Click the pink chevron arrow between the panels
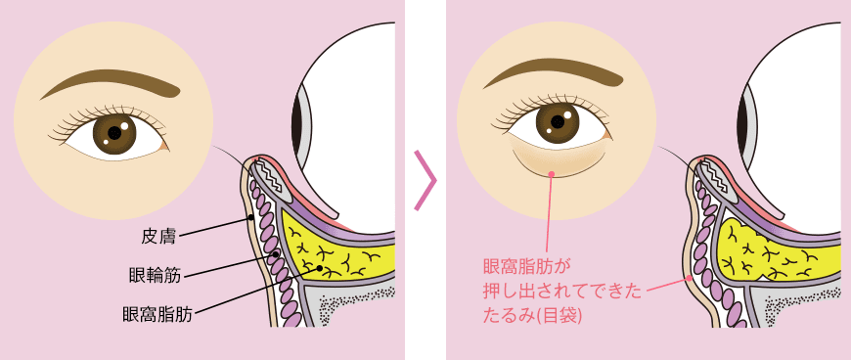(425, 180)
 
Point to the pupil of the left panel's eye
(114, 132)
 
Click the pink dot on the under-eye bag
(552, 173)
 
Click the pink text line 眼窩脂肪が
(526, 265)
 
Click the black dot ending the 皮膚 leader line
(251, 217)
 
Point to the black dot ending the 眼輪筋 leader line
(277, 254)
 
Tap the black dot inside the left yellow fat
(320, 267)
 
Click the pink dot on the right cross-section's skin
(688, 278)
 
